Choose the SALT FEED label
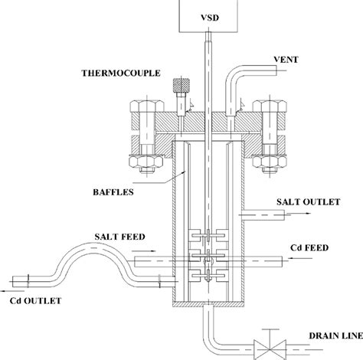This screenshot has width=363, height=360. tap(121, 239)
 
